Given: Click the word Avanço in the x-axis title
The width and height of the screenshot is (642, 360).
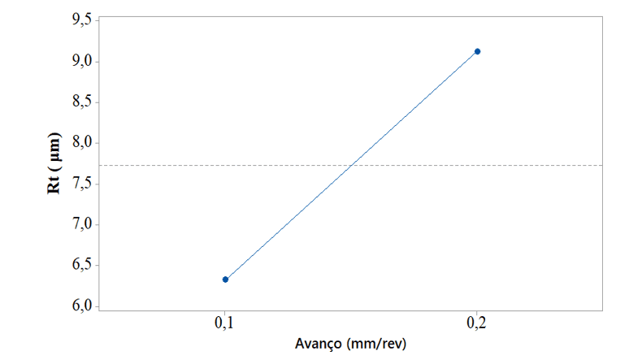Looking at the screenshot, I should tap(321, 345).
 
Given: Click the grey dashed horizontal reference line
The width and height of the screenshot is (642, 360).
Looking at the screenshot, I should tap(528, 165).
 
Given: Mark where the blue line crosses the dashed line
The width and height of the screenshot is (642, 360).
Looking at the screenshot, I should tap(351, 165).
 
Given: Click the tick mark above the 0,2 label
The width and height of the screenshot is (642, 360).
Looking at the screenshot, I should tap(477, 312).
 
